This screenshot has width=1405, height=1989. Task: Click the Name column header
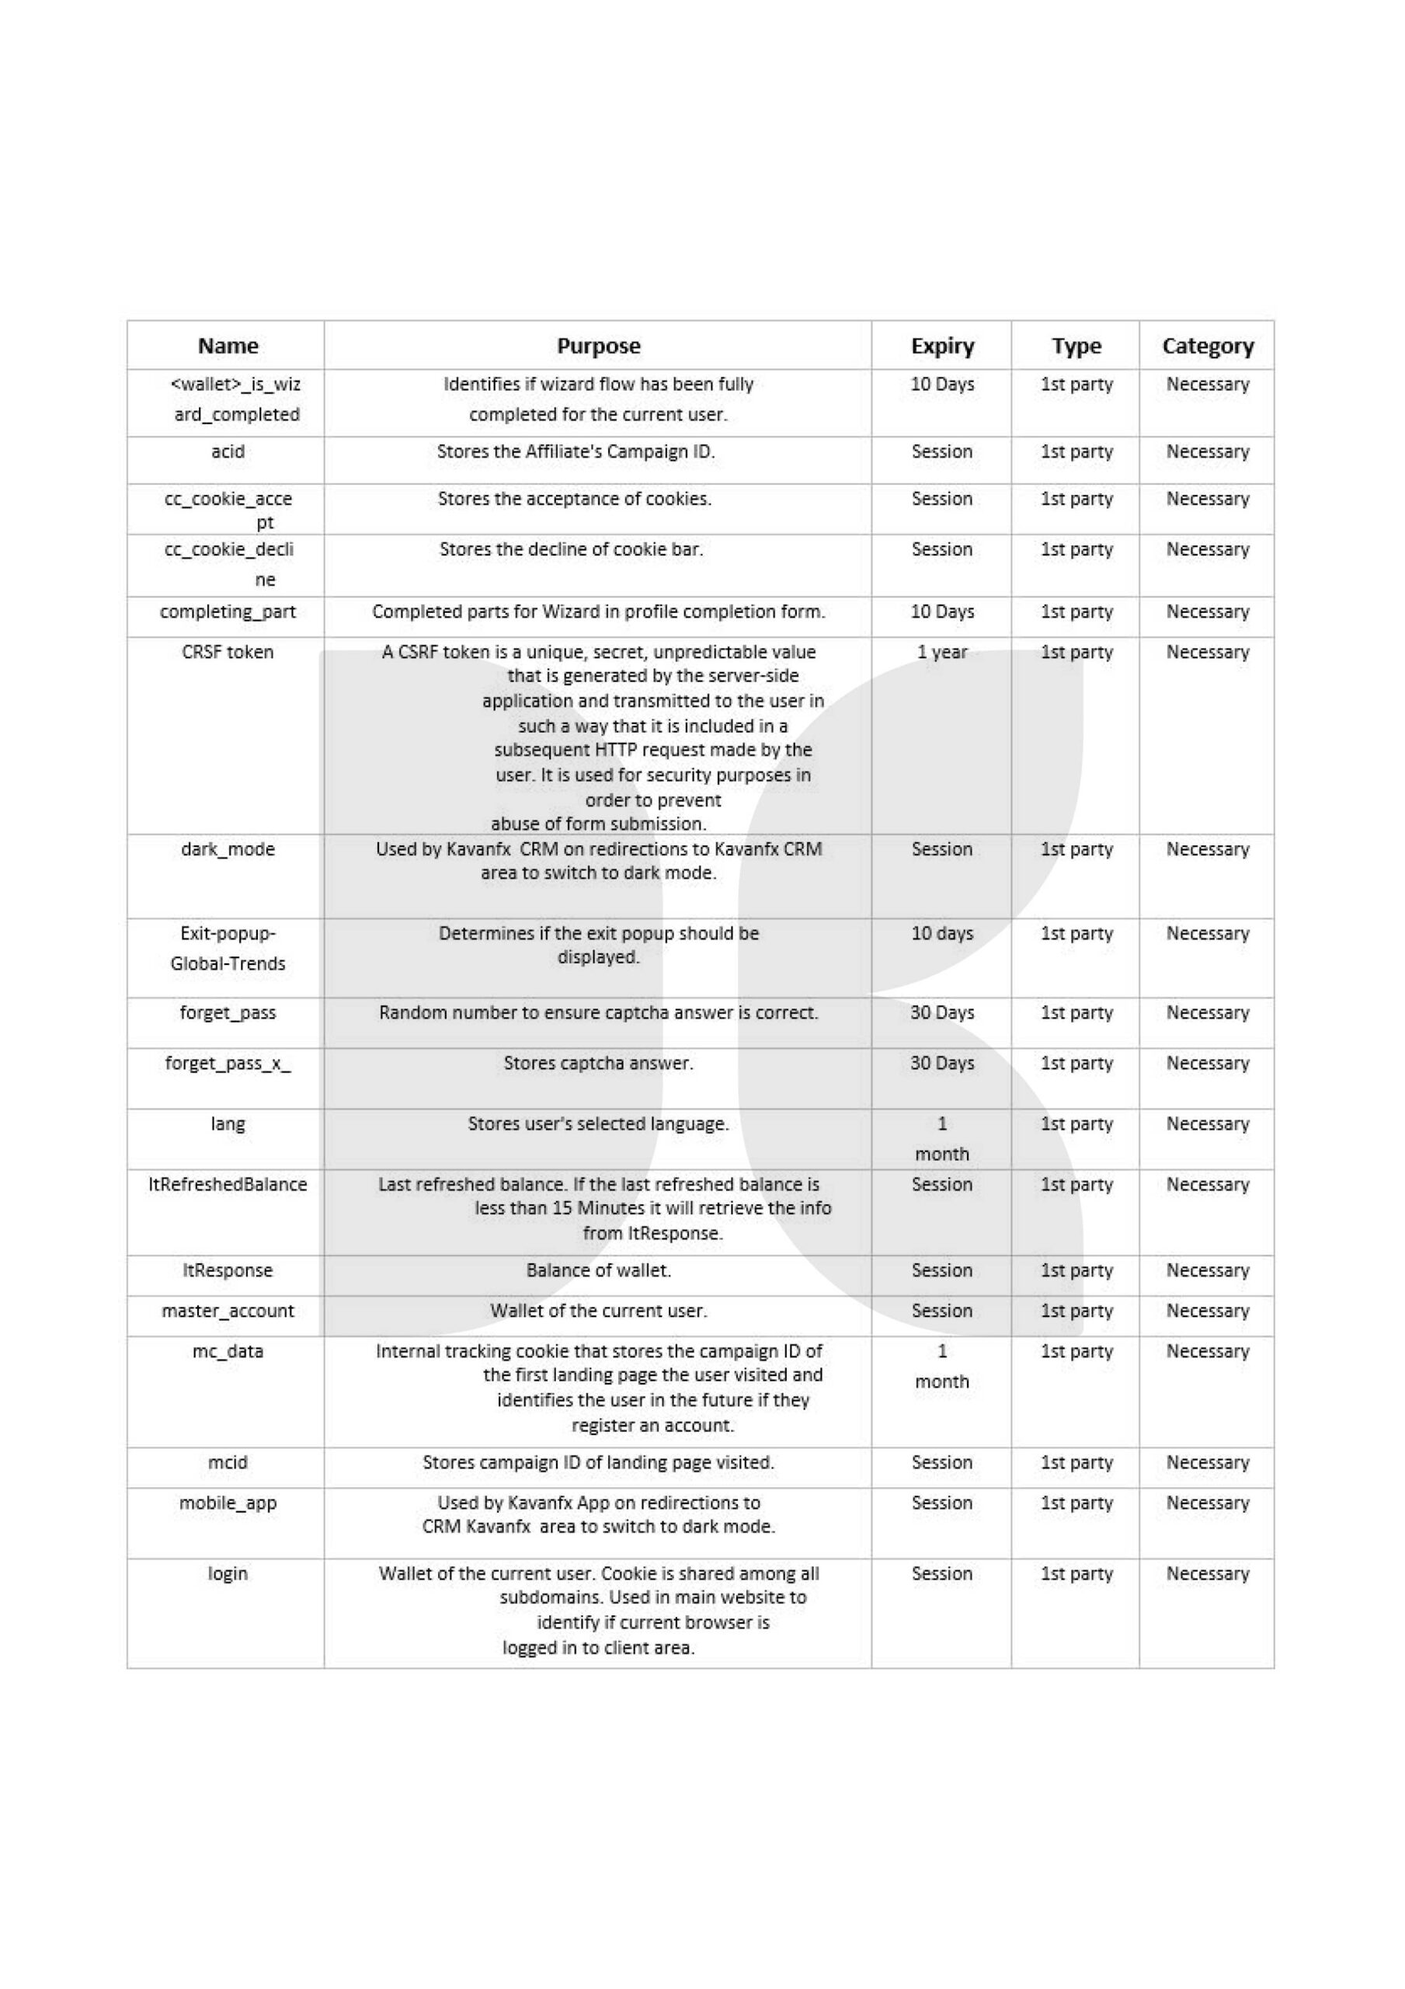pos(228,346)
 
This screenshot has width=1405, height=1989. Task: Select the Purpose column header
pos(598,346)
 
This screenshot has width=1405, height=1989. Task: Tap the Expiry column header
pos(941,346)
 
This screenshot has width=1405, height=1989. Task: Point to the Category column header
pos(1207,346)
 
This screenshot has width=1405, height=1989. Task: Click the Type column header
pos(1076,346)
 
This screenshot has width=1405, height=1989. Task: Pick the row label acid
pos(228,451)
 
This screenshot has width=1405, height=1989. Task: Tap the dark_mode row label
pos(228,849)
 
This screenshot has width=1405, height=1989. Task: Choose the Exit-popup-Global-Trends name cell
pos(228,948)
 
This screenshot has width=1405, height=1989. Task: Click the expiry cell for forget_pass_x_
pos(941,1063)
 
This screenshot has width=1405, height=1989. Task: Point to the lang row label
pos(228,1123)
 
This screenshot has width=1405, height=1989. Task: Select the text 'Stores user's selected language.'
pos(598,1123)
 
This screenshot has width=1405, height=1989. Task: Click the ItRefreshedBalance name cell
pos(228,1184)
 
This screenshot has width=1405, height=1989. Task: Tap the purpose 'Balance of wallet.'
pos(598,1270)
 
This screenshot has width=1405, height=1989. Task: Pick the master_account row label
pos(228,1311)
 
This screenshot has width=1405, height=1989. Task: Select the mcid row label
pos(228,1462)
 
